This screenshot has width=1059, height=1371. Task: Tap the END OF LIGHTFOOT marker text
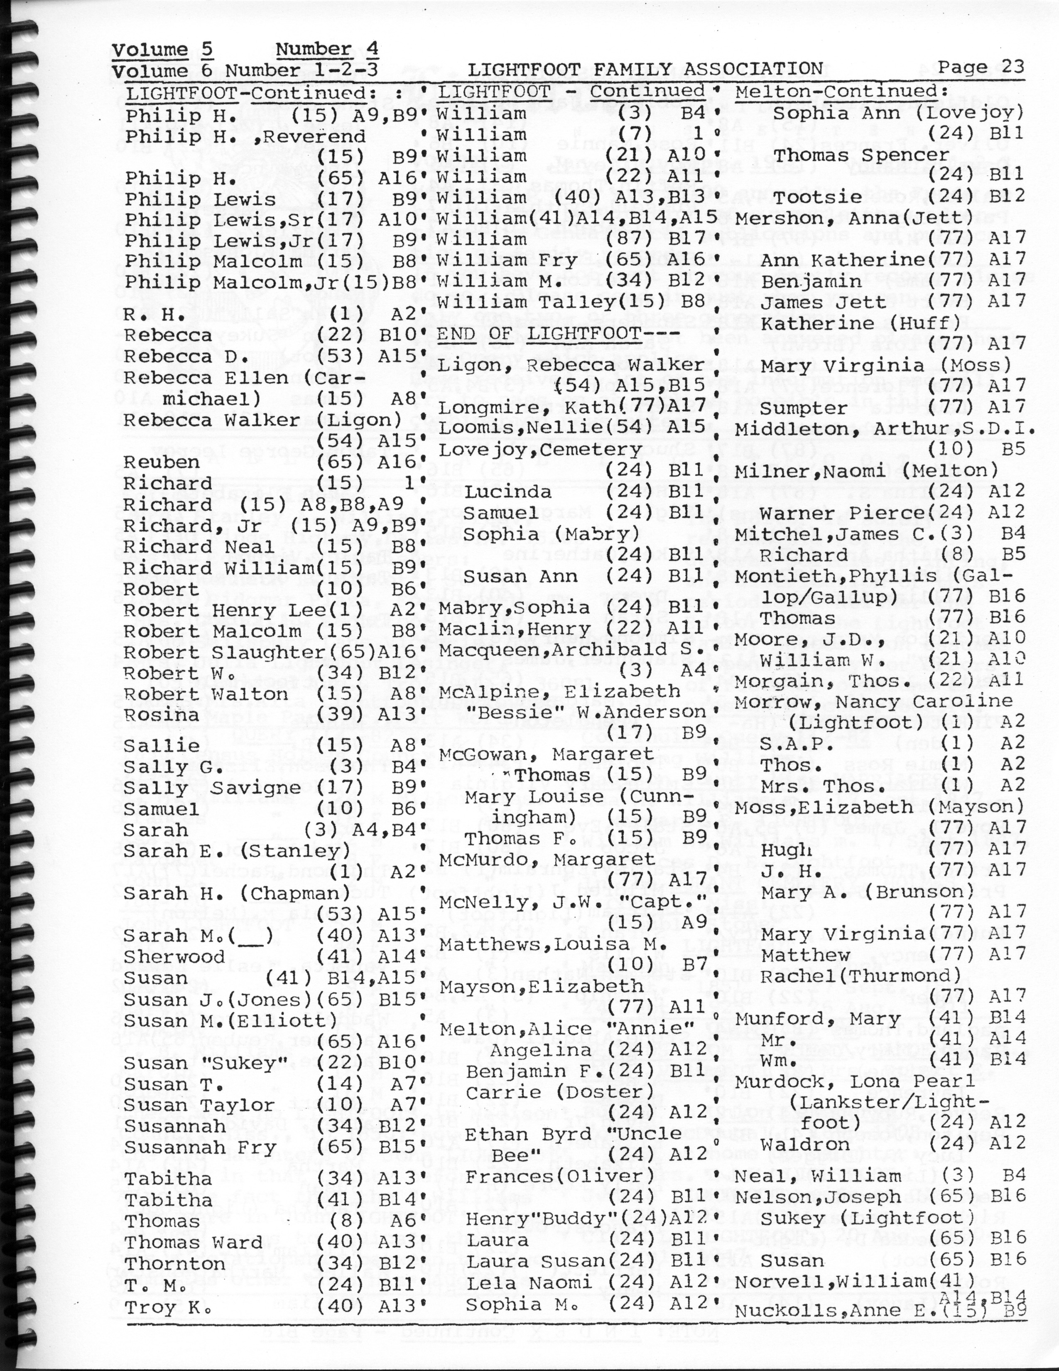[539, 333]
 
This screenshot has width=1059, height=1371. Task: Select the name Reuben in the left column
[161, 462]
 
